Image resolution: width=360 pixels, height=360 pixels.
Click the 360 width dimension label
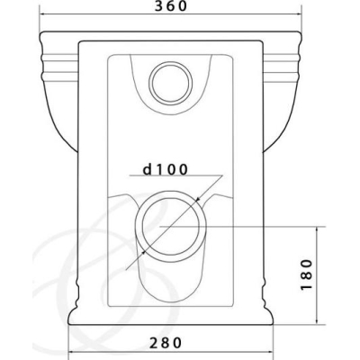pyautogui.click(x=170, y=6)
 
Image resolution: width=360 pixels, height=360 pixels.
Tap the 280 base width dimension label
pyautogui.click(x=166, y=343)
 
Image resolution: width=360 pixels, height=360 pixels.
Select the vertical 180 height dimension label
pyautogui.click(x=306, y=274)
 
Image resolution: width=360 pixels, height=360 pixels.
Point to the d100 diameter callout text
pyautogui.click(x=166, y=170)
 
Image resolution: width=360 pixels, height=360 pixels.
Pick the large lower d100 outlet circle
pyautogui.click(x=137, y=228)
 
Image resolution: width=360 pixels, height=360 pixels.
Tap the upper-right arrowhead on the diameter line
pyautogui.click(x=198, y=199)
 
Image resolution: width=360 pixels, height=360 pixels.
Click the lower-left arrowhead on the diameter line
pyautogui.click(x=143, y=253)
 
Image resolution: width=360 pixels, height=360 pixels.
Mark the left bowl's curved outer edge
pyautogui.click(x=56, y=127)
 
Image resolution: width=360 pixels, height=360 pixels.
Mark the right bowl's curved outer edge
pyautogui.click(x=286, y=127)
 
